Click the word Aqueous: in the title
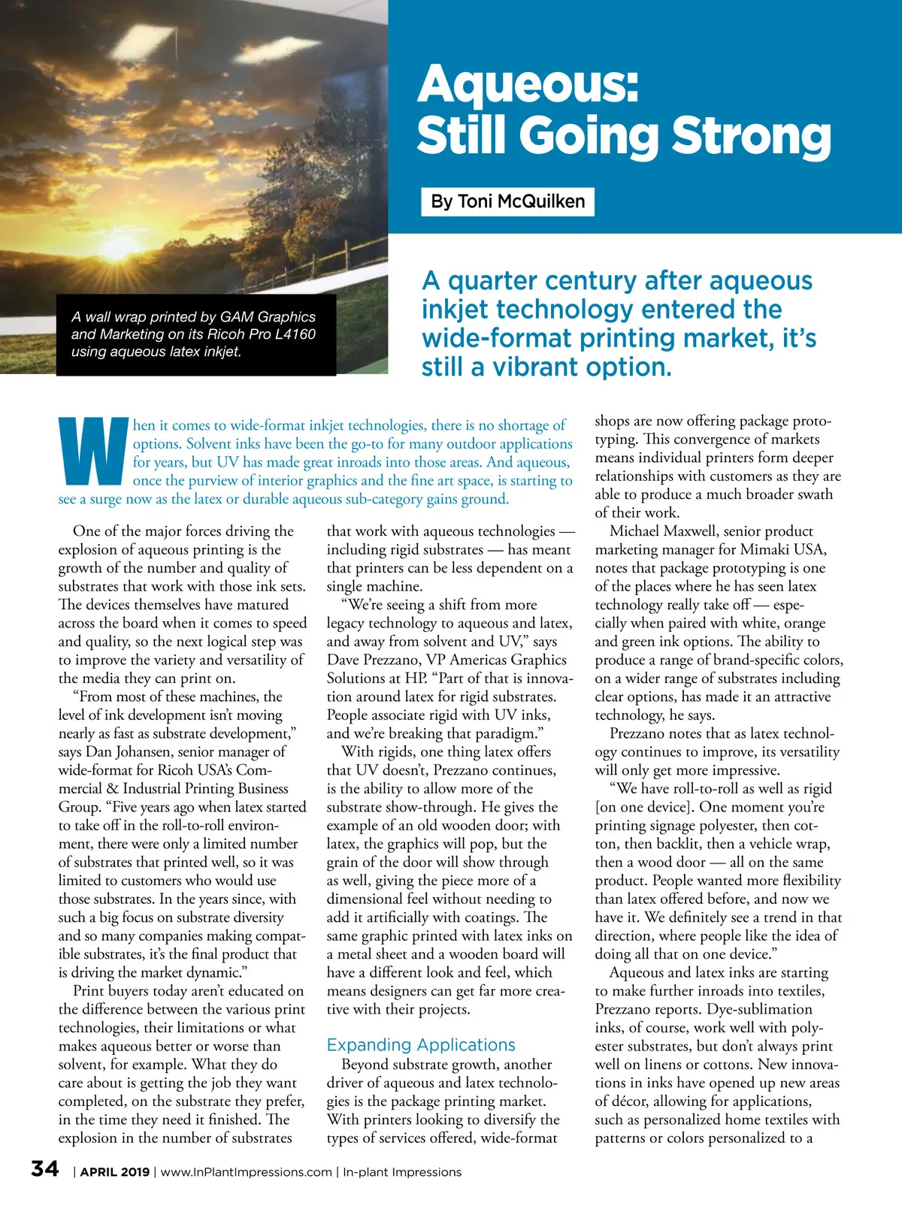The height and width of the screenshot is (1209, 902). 528,84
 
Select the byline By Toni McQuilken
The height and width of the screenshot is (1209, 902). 507,201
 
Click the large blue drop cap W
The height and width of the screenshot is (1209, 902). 93,451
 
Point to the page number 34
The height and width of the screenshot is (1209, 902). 45,1169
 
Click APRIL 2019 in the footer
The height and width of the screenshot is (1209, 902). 115,1172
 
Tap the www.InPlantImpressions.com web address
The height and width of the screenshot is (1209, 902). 247,1172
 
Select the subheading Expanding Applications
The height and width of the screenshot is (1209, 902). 421,1044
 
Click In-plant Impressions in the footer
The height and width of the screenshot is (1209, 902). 402,1172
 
